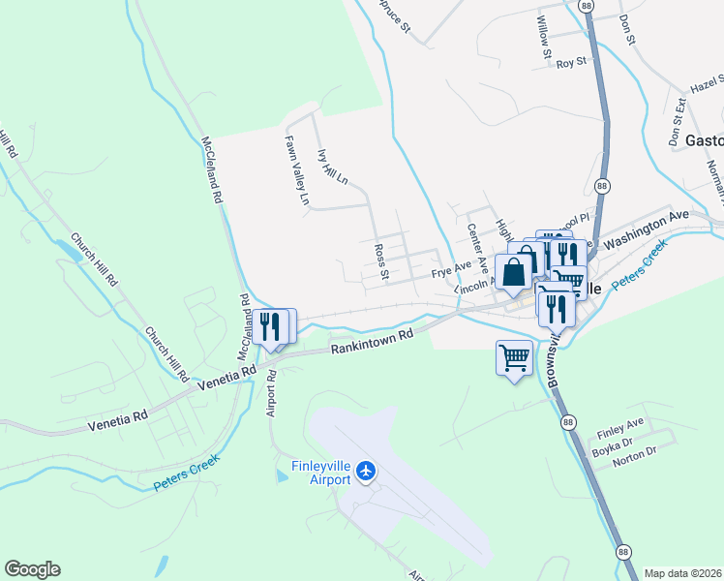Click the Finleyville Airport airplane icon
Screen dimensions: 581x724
(366, 472)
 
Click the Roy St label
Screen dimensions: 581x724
(572, 63)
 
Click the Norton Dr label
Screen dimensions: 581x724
(635, 464)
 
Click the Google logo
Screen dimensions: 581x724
(32, 569)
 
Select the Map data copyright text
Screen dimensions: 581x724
(683, 573)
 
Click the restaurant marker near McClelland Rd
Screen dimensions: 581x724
(269, 325)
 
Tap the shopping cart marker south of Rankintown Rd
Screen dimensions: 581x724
(514, 357)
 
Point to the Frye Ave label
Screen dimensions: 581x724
(451, 268)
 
